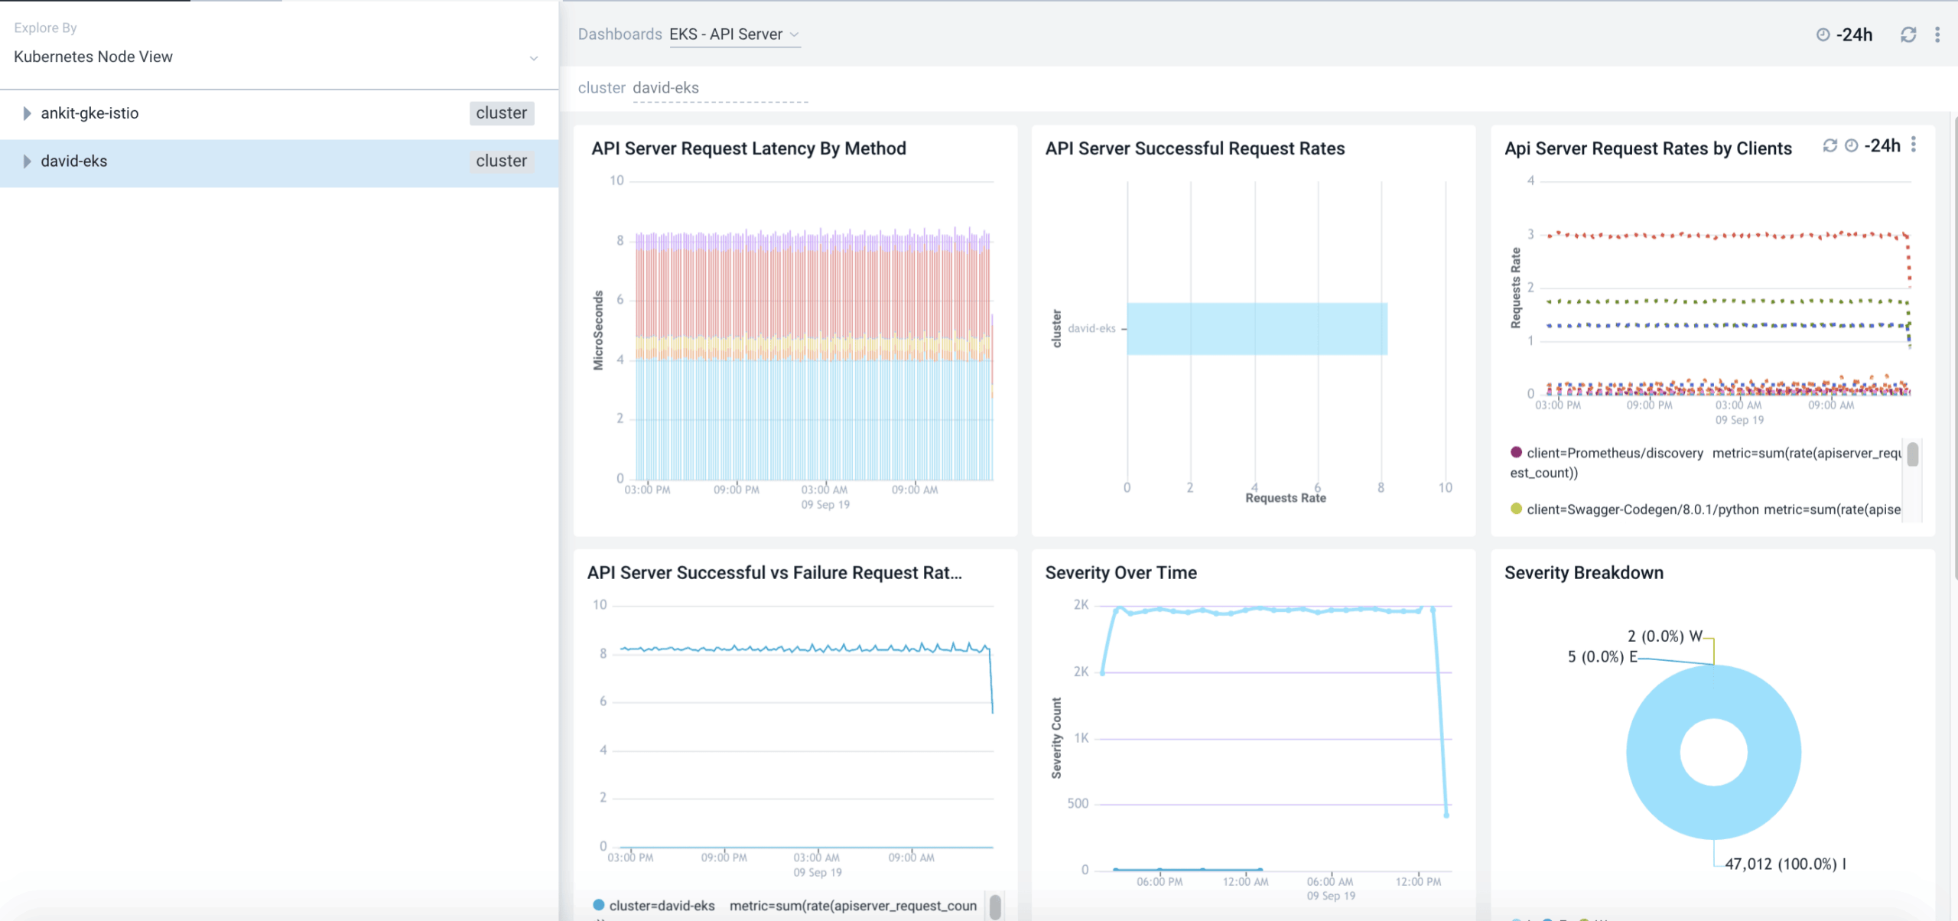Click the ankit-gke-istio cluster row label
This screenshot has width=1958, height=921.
(89, 113)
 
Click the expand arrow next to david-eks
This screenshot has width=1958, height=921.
(27, 161)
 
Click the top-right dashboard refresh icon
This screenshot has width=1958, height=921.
(1908, 34)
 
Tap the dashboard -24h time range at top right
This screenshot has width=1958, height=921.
(1853, 34)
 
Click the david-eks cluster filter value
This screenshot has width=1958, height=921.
(665, 88)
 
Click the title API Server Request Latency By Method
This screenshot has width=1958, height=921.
(748, 148)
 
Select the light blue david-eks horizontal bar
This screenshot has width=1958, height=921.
(1257, 329)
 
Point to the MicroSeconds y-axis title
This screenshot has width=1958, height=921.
(598, 330)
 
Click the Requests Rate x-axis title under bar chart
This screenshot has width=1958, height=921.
(1285, 498)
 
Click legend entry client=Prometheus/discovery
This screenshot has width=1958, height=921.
(1614, 453)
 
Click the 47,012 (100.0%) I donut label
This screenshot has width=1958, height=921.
(1784, 864)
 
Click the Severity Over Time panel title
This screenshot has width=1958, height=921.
(1120, 573)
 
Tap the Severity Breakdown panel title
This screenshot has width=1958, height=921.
(1583, 573)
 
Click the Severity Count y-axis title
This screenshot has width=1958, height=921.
(1056, 737)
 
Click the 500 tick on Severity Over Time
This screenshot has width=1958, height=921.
(1078, 803)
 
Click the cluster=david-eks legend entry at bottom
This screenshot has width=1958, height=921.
(661, 906)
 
